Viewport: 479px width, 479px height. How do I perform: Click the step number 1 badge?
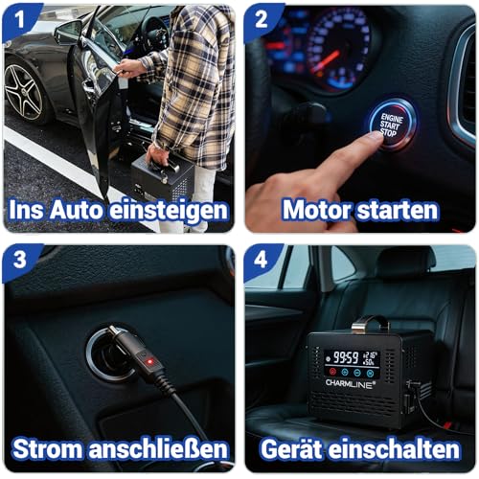20,20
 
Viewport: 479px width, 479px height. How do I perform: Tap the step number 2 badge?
262,20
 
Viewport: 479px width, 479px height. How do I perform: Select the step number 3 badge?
20,260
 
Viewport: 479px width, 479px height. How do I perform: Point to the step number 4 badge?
261,260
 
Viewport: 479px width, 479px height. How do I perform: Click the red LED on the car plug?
149,362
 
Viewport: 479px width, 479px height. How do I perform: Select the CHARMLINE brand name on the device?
351,383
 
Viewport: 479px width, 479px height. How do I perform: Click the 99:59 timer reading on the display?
346,357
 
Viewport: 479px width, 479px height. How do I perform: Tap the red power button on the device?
332,372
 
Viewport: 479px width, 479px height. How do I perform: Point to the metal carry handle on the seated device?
371,323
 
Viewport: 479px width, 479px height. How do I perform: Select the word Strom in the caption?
48,449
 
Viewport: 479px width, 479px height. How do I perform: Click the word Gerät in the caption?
292,448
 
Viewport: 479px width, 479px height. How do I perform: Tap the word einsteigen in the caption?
169,211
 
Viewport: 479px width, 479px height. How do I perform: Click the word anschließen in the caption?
158,449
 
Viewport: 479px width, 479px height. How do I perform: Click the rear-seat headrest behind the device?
406,262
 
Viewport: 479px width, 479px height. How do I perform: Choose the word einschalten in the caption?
394,448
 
